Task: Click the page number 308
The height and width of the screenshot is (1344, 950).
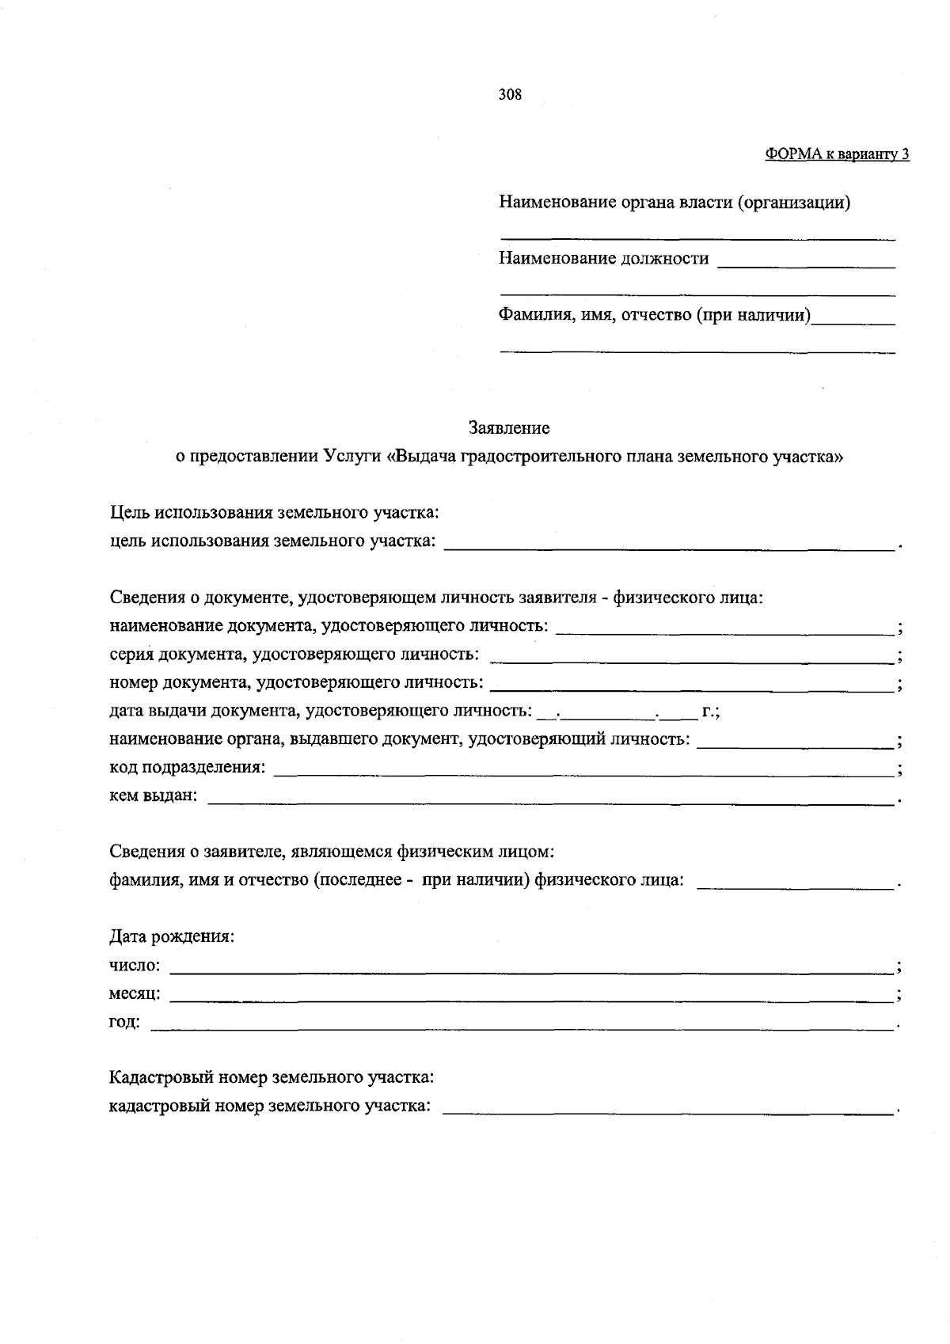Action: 510,95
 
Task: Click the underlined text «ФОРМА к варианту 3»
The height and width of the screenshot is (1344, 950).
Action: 837,154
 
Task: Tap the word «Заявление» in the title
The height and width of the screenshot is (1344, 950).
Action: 509,428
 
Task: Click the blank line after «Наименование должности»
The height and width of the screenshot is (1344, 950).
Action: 805,264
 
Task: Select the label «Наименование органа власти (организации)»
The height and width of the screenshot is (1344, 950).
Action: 674,203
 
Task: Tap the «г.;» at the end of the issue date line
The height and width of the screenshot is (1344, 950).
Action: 709,712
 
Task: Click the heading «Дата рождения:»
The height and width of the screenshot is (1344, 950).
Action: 171,936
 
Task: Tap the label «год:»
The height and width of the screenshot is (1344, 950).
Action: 124,1022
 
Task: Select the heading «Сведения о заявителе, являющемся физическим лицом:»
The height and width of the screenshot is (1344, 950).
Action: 331,852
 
